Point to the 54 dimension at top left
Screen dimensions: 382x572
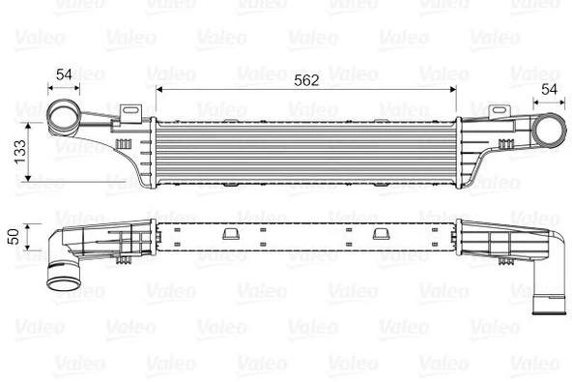[x=65, y=74]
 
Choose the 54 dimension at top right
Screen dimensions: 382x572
[x=547, y=89]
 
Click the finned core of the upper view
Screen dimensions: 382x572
[x=305, y=153]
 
